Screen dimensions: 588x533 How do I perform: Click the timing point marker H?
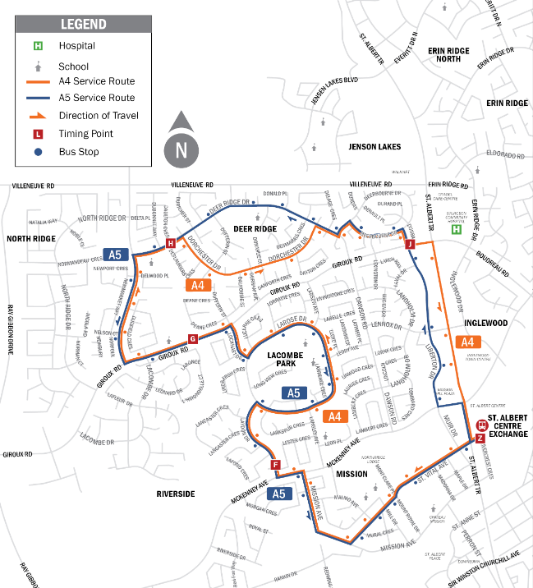point(171,243)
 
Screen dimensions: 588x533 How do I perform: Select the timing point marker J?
point(409,244)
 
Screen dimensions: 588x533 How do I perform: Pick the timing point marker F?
point(276,466)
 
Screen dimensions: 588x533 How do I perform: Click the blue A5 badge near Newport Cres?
point(117,255)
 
